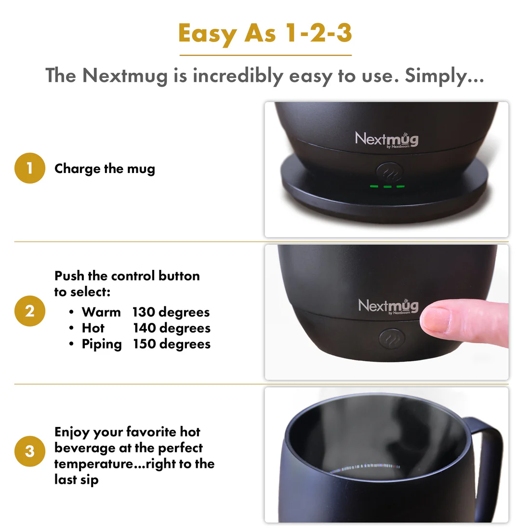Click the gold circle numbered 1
(x=30, y=168)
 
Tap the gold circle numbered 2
(x=30, y=311)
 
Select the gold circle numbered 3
(x=30, y=451)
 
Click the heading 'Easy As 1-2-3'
(x=265, y=34)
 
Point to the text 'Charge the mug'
(x=105, y=169)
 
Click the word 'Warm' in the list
(x=101, y=312)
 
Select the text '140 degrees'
(x=172, y=328)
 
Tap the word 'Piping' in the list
(x=102, y=344)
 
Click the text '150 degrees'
(x=172, y=344)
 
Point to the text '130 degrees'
(x=171, y=312)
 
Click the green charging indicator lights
(x=387, y=186)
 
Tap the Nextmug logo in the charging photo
(x=386, y=139)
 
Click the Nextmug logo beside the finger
(x=388, y=306)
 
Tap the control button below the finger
(x=389, y=339)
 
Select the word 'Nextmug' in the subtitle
(x=125, y=76)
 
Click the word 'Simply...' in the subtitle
(x=444, y=76)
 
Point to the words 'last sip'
(x=76, y=479)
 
